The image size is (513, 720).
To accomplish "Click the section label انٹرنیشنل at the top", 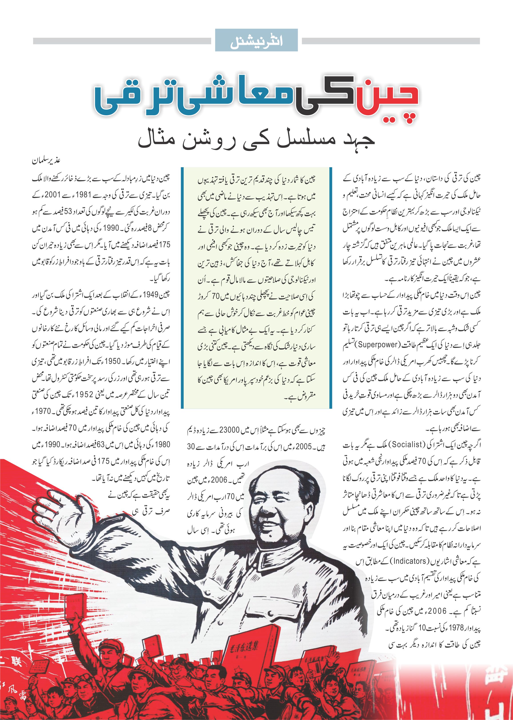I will (x=256, y=40).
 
